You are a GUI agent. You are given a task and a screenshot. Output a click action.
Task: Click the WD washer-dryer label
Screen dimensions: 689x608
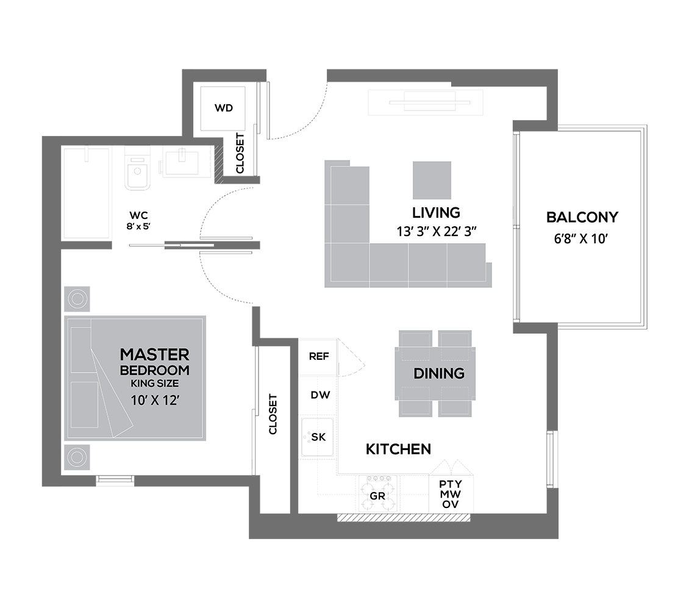click(x=224, y=108)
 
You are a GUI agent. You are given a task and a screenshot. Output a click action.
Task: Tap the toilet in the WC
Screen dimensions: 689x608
click(x=137, y=169)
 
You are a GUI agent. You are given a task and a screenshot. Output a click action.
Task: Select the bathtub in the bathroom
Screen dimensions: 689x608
click(x=87, y=193)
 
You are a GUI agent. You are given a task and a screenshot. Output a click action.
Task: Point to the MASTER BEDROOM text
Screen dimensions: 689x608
click(x=155, y=362)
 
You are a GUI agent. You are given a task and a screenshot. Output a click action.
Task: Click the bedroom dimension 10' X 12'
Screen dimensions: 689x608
click(x=155, y=400)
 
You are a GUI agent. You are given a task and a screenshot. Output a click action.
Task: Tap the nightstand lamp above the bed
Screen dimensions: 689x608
click(x=77, y=299)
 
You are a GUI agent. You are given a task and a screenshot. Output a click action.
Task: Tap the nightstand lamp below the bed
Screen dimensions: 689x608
click(x=77, y=457)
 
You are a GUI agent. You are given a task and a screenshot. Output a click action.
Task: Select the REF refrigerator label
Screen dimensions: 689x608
click(x=319, y=356)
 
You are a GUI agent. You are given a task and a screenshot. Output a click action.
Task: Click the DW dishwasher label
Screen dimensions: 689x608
click(x=320, y=395)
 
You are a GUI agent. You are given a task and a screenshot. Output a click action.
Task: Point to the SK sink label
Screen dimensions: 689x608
click(x=318, y=437)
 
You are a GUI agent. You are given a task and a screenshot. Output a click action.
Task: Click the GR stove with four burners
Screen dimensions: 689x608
click(x=378, y=493)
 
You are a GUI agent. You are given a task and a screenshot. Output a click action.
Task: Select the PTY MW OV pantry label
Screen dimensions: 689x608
click(x=451, y=494)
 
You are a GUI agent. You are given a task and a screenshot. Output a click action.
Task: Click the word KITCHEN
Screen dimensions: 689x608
click(x=398, y=449)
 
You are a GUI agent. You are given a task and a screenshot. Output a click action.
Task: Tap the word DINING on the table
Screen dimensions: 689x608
click(x=439, y=373)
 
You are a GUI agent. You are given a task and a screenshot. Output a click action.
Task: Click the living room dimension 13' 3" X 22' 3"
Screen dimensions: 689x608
click(x=437, y=231)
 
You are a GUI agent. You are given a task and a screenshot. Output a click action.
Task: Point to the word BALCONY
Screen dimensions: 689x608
click(x=582, y=216)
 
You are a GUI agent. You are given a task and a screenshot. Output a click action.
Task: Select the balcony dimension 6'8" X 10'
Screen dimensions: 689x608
click(x=581, y=238)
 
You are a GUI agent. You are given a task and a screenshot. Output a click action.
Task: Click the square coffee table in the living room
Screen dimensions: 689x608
click(x=432, y=181)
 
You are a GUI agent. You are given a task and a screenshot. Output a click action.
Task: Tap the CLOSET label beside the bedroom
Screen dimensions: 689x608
click(x=273, y=414)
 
